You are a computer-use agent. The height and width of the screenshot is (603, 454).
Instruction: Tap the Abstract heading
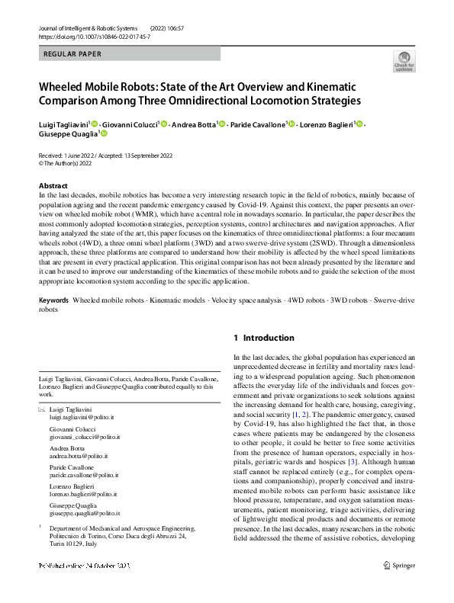(x=54, y=186)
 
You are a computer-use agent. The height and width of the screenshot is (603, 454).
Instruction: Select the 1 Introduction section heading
(x=263, y=338)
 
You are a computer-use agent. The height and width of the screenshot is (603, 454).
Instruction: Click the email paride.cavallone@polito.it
(x=83, y=477)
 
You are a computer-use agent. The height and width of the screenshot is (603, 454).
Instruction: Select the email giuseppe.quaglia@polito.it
(x=84, y=515)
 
